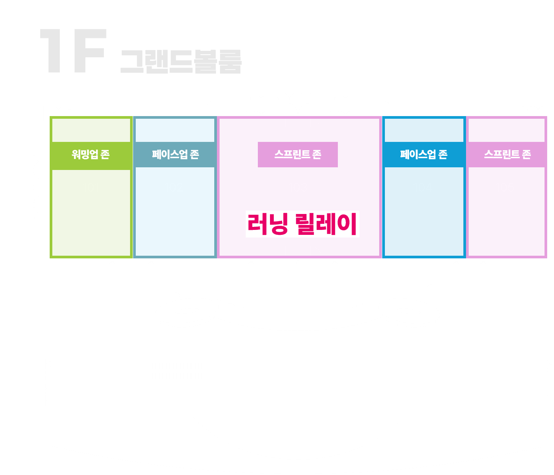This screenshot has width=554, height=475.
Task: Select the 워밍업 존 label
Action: coord(91,154)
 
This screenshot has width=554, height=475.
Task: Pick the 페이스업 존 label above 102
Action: coord(175,154)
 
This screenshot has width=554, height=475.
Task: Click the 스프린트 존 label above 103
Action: coord(298,154)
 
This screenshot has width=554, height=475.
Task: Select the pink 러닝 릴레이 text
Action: coord(302,224)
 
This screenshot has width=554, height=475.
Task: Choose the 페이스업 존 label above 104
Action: coord(424,154)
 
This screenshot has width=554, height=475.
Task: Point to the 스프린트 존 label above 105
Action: coord(507,154)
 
